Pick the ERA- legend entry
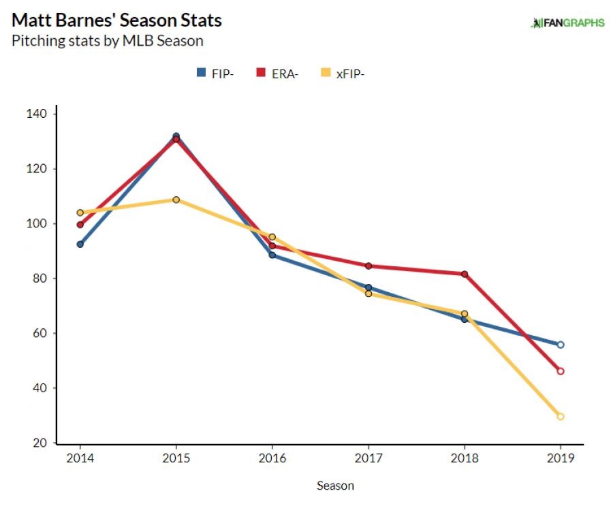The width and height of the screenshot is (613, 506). tap(277, 74)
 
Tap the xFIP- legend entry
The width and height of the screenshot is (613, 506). tap(343, 74)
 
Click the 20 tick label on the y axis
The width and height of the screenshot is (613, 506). tap(40, 443)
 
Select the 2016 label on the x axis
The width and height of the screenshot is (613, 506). tap(272, 458)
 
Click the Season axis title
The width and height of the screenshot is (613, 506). tap(335, 486)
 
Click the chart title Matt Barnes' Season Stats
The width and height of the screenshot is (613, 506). tap(116, 20)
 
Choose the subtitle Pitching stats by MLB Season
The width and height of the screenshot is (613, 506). tap(107, 41)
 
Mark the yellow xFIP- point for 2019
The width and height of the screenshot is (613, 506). tap(561, 416)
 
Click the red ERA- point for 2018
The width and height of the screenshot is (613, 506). tap(465, 274)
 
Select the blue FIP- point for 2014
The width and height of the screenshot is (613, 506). tap(80, 244)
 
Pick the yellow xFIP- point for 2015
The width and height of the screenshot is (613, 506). tap(176, 200)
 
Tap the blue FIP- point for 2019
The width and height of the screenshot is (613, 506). tap(561, 345)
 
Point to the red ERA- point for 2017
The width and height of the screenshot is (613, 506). tap(368, 266)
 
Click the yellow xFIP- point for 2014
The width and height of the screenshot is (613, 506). tap(80, 212)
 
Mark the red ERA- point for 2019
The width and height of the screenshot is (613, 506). tap(561, 371)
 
